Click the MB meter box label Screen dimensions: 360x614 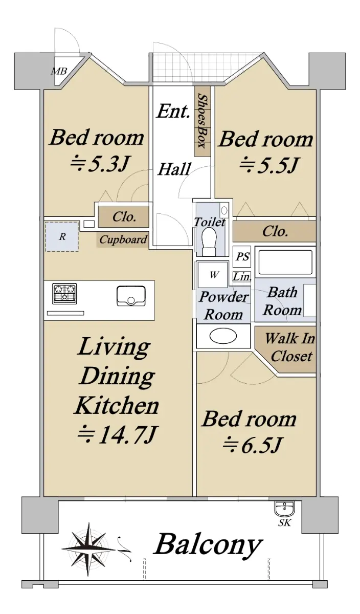(59, 71)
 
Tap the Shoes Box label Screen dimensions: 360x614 (202, 121)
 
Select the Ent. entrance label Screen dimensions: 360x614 (173, 111)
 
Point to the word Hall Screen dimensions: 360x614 (174, 169)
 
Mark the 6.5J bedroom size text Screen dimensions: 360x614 (252, 445)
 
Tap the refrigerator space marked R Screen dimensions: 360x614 (62, 236)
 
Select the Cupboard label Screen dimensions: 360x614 (123, 239)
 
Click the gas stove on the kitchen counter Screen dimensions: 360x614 (65, 293)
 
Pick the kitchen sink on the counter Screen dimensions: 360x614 (131, 296)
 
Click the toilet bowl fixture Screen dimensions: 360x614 (210, 242)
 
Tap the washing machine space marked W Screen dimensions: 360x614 (213, 275)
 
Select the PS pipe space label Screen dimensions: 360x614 (242, 256)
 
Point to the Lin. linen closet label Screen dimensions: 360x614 (242, 276)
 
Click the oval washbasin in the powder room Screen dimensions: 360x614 (223, 336)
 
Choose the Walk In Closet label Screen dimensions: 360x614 (290, 347)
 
